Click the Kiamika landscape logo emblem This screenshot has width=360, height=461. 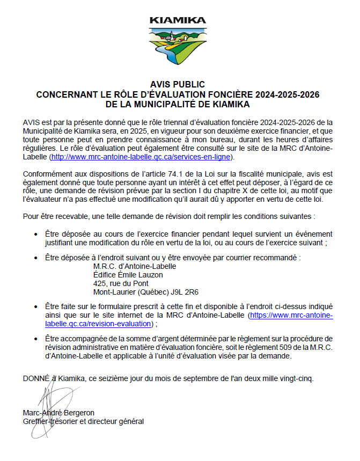coord(177,45)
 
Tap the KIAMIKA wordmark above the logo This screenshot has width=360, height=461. coord(177,20)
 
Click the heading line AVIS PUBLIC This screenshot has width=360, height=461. coord(177,85)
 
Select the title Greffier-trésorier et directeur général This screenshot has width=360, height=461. coord(83,421)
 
